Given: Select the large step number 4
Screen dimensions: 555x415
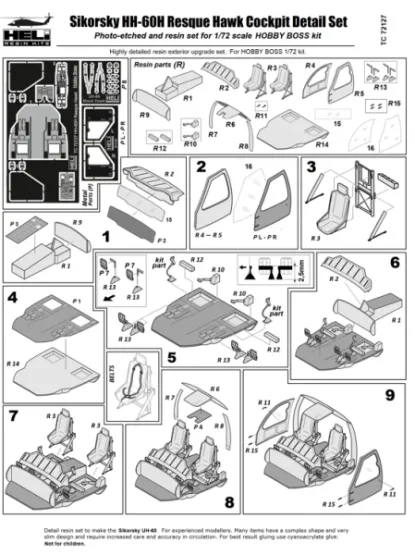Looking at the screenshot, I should pos(14,297).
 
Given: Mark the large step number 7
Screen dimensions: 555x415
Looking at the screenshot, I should pos(14,413).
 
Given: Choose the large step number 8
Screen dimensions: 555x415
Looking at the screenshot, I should pos(229,500).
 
